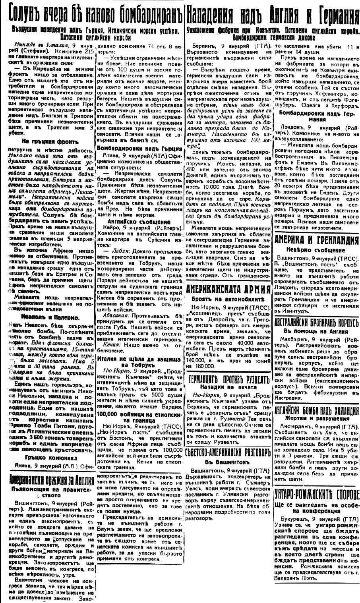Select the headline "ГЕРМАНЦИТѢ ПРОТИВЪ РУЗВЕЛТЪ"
229,379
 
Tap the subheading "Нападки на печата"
229,389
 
